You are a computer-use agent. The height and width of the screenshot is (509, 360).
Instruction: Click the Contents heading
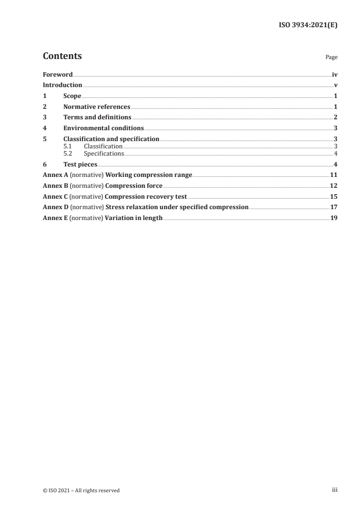click(x=62, y=56)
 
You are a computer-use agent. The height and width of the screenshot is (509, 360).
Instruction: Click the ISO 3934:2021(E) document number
click(x=308, y=25)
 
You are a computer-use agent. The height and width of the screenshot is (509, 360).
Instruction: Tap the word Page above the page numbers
click(x=331, y=58)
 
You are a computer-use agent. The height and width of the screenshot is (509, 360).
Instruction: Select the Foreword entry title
click(x=58, y=74)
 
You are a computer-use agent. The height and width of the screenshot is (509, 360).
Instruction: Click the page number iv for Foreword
click(x=335, y=74)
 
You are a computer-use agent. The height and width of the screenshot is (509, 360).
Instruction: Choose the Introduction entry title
click(x=62, y=85)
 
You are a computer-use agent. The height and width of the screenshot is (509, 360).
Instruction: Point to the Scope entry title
click(x=72, y=96)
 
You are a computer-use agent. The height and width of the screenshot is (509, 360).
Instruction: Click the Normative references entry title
click(x=97, y=107)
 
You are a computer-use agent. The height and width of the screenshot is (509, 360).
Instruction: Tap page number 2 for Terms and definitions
click(x=335, y=117)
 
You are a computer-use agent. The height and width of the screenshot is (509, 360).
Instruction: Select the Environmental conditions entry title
click(x=104, y=128)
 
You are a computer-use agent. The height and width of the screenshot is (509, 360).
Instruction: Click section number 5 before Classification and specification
click(x=44, y=139)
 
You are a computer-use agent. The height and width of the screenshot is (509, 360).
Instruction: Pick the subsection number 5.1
click(x=67, y=147)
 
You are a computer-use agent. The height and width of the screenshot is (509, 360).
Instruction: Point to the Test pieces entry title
click(x=80, y=164)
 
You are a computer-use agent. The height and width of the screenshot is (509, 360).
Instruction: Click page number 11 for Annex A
click(x=334, y=175)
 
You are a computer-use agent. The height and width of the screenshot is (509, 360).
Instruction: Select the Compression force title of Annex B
click(x=133, y=186)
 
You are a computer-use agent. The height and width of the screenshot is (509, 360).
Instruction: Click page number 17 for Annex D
click(x=334, y=207)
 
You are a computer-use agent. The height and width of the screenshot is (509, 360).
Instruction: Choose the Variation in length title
click(x=133, y=218)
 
